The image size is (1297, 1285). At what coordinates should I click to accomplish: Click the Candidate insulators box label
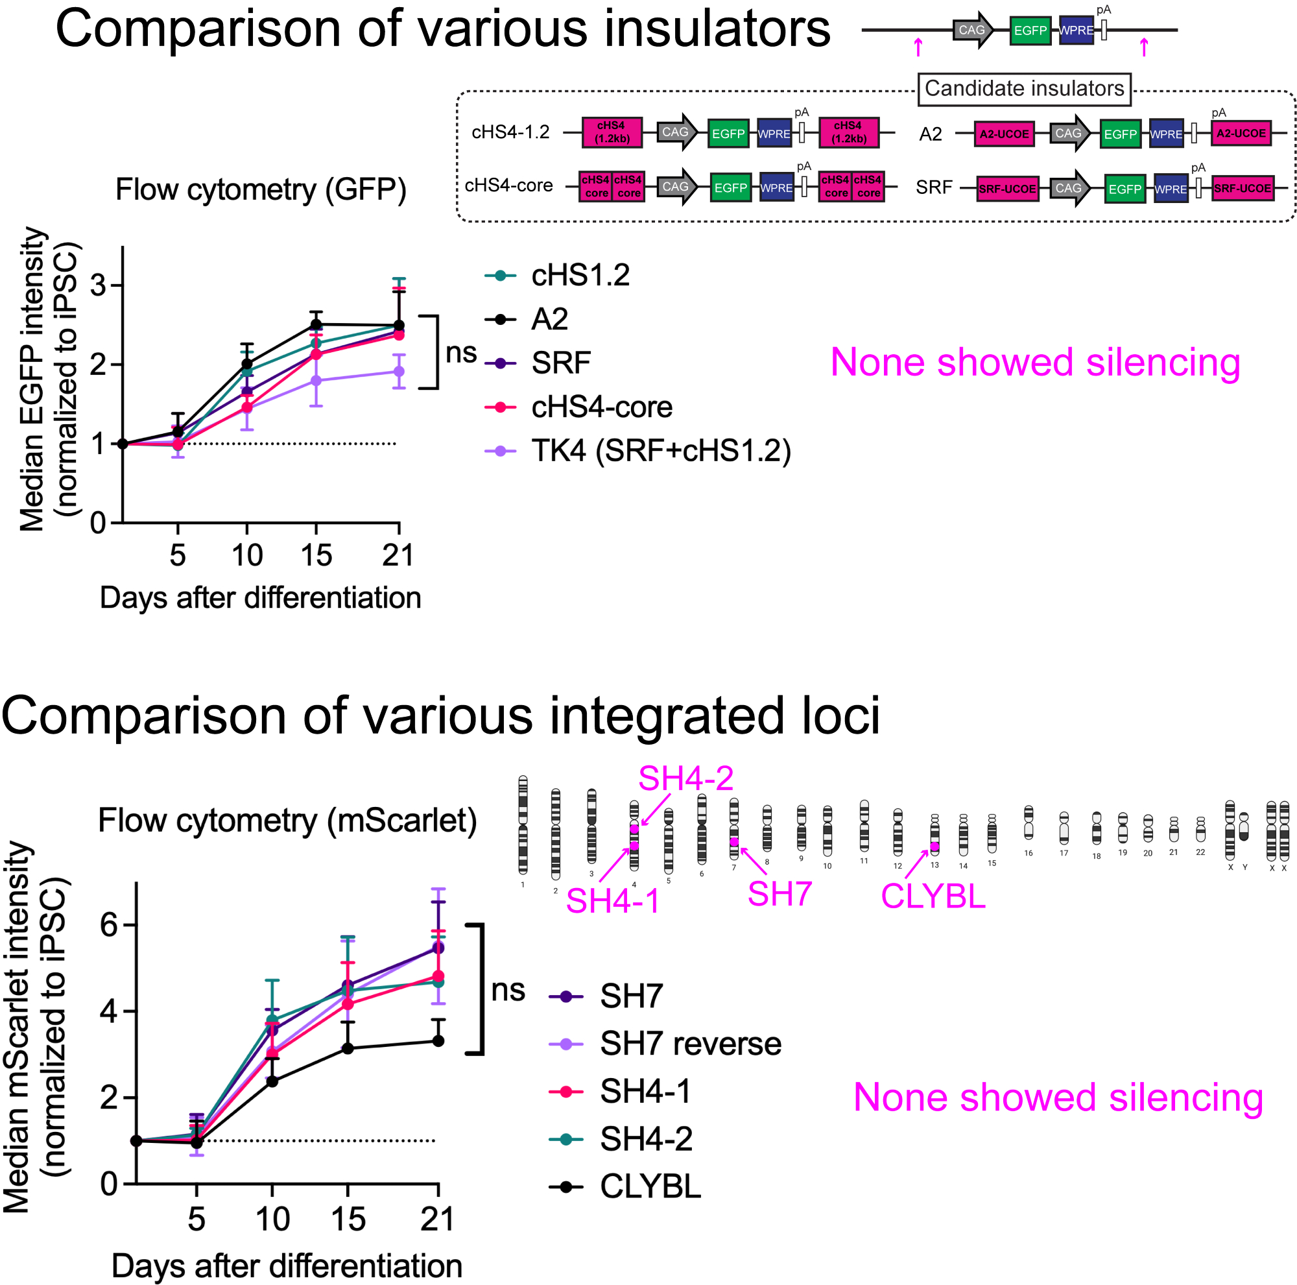tap(1024, 89)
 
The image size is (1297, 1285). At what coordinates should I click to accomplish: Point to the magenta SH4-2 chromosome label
tap(685, 779)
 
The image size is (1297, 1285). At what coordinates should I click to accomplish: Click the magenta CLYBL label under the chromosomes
tap(933, 896)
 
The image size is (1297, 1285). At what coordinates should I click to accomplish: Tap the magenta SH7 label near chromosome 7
tap(779, 895)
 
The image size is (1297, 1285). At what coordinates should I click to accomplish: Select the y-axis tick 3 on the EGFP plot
tap(98, 286)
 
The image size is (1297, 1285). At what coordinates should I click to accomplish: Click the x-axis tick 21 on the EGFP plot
tap(398, 555)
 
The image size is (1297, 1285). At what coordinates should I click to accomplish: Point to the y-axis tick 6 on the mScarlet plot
tap(109, 926)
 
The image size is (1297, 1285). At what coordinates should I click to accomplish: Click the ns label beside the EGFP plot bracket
tap(461, 353)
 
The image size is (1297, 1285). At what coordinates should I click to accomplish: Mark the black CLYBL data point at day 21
tap(438, 1041)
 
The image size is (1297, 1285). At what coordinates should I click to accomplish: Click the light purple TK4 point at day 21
tap(399, 371)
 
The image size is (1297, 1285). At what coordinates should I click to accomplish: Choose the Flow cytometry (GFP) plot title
tap(261, 189)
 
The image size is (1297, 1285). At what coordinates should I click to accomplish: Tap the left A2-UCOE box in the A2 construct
tap(1004, 134)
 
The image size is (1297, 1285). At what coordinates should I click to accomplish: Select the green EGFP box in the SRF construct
tap(1124, 189)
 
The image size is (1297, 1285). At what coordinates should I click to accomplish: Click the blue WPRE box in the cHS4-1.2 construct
tap(774, 134)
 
